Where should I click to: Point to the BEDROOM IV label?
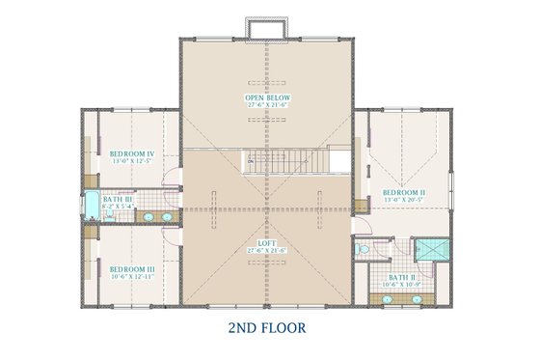click(131, 153)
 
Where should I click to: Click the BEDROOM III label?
click(131, 268)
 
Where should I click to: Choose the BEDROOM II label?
click(403, 193)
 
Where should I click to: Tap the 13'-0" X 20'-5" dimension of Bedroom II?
click(403, 200)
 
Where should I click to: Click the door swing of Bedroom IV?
click(173, 180)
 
